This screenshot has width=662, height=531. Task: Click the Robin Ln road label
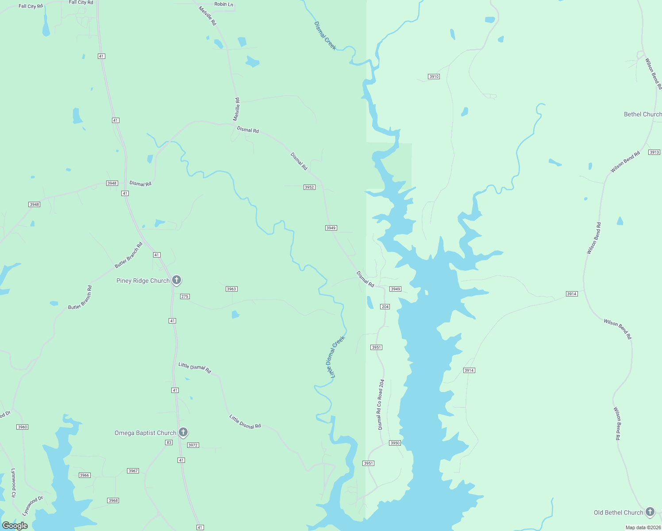223,4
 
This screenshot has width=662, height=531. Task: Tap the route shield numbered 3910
434,77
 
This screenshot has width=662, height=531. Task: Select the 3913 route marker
654,152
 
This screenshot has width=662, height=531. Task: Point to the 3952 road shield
309,187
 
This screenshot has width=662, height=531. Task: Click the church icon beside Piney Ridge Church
176,280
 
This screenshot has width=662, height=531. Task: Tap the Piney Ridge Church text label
143,281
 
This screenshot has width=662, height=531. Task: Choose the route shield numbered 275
185,296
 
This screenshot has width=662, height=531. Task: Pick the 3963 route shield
231,289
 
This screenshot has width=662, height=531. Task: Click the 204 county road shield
385,307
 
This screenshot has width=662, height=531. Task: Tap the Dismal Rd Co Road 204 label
381,404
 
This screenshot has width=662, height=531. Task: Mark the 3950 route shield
395,443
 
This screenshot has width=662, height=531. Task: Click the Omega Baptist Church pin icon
183,432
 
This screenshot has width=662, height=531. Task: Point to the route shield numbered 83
169,442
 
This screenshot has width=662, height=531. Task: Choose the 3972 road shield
193,445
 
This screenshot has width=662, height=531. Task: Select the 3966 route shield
85,475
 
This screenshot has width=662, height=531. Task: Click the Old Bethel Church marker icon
650,512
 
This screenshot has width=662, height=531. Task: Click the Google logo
15,526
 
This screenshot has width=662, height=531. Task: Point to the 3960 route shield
22,427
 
